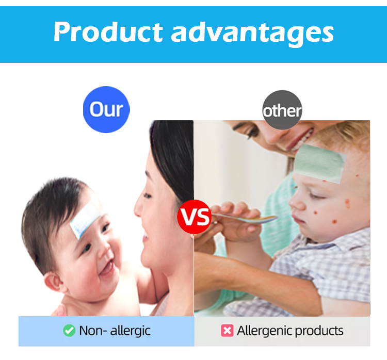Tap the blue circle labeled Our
(x=106, y=109)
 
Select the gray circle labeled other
(x=282, y=110)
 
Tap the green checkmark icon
(x=69, y=331)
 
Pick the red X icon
(x=227, y=331)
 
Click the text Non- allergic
(x=115, y=331)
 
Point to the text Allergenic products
(x=289, y=331)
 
